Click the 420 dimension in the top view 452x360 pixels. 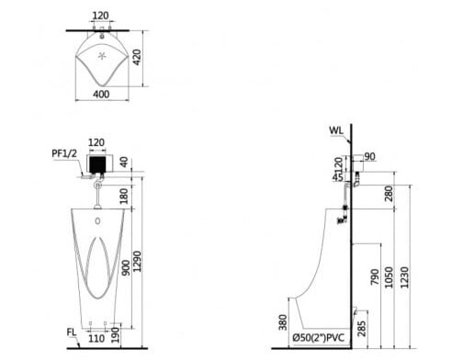tap(137, 57)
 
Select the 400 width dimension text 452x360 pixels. tap(101, 94)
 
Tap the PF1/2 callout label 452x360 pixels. tap(64, 153)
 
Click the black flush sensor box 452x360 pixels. tap(97, 164)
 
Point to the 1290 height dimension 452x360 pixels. tap(138, 261)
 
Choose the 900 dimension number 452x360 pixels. tap(126, 267)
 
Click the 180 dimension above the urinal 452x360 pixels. tap(124, 196)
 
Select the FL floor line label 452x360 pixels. tap(71, 332)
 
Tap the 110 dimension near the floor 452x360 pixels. tap(96, 339)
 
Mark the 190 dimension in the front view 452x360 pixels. tap(116, 335)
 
